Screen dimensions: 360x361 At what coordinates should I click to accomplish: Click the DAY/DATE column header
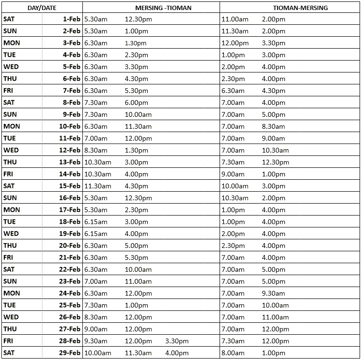pyautogui.click(x=42, y=8)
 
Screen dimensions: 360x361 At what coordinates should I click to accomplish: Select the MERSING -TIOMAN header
pyautogui.click(x=163, y=8)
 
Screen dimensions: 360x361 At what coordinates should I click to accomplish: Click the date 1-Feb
pyautogui.click(x=71, y=19)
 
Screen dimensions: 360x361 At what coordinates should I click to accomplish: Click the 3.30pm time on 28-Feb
pyautogui.click(x=177, y=341)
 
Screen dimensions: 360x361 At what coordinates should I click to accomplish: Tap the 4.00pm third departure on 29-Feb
pyautogui.click(x=177, y=353)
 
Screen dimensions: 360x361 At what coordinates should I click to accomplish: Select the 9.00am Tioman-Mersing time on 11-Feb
pyautogui.click(x=273, y=138)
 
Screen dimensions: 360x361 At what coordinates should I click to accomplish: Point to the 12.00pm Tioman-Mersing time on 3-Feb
pyautogui.click(x=235, y=43)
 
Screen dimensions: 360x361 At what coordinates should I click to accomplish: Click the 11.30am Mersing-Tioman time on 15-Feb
pyautogui.click(x=97, y=186)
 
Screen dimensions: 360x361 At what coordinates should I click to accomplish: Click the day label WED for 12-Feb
pyautogui.click(x=11, y=150)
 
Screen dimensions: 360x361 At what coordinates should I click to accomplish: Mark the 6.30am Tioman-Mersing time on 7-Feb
pyautogui.click(x=233, y=91)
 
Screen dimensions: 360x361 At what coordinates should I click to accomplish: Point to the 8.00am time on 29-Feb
pyautogui.click(x=233, y=353)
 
